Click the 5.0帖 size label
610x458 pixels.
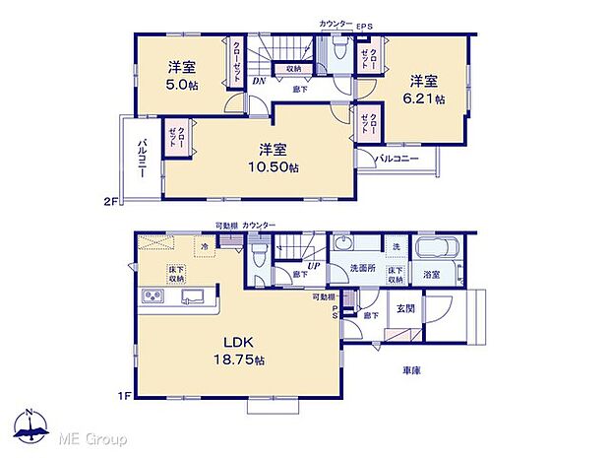pos(179,85)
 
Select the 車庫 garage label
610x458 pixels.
pos(413,371)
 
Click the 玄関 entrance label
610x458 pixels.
pos(404,308)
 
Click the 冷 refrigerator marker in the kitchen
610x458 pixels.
pos(204,246)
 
